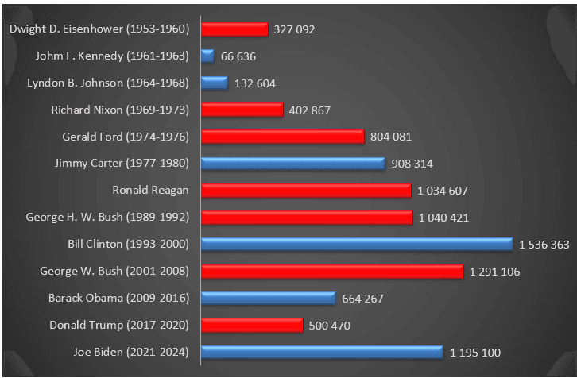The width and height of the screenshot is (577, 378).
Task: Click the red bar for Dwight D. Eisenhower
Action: pyautogui.click(x=234, y=29)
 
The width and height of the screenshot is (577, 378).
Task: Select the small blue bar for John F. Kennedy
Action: pyautogui.click(x=208, y=56)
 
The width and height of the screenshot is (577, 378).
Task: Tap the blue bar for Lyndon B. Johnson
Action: pyautogui.click(x=215, y=83)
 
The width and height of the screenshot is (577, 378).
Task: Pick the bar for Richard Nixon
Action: pyautogui.click(x=242, y=110)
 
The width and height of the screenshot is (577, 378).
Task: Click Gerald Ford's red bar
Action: pyautogui.click(x=283, y=137)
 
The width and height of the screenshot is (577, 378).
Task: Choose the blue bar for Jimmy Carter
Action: pyautogui.click(x=293, y=164)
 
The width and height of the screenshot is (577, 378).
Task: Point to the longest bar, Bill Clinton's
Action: pyautogui.click(x=357, y=245)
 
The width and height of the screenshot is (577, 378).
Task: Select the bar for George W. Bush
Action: pyautogui.click(x=332, y=272)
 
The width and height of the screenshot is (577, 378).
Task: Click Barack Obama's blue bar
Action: pyautogui.click(x=269, y=299)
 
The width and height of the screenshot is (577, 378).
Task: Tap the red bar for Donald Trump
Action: pyautogui.click(x=252, y=326)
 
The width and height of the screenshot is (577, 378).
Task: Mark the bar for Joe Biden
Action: pyautogui.click(x=322, y=352)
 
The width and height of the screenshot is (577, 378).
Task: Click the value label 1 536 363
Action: pyautogui.click(x=544, y=245)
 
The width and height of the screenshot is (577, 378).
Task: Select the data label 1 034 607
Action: pyautogui.click(x=443, y=191)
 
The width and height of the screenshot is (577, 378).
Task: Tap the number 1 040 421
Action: pyautogui.click(x=444, y=218)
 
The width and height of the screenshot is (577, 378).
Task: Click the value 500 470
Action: pyautogui.click(x=330, y=326)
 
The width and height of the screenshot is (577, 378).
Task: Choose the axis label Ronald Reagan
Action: pyautogui.click(x=150, y=191)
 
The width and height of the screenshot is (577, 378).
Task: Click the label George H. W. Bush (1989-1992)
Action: pyautogui.click(x=107, y=218)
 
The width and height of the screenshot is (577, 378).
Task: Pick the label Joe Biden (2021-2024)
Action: pyautogui.click(x=119, y=352)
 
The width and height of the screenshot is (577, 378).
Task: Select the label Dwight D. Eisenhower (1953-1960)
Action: pyautogui.click(x=99, y=29)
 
